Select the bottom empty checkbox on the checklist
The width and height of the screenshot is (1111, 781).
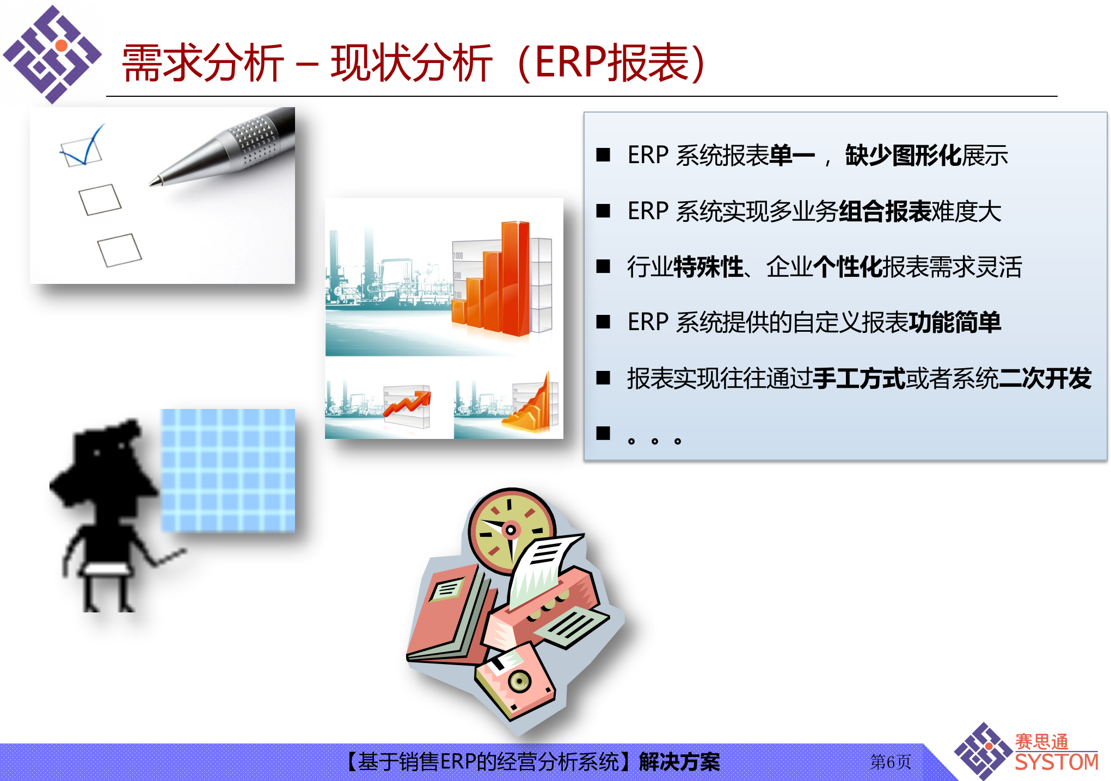coord(119,250)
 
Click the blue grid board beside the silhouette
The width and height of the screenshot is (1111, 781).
coord(228,470)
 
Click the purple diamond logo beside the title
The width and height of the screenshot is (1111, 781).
coord(52,54)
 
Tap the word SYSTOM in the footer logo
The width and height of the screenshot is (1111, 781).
coord(1056,763)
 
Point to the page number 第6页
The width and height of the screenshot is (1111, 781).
coord(891,762)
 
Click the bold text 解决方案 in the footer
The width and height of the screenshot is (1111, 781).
coord(679,762)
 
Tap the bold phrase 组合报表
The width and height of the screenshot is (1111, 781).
coord(885,212)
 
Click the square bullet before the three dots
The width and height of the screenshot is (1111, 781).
coord(603,433)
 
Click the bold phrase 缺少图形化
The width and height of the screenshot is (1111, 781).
coord(904,156)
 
